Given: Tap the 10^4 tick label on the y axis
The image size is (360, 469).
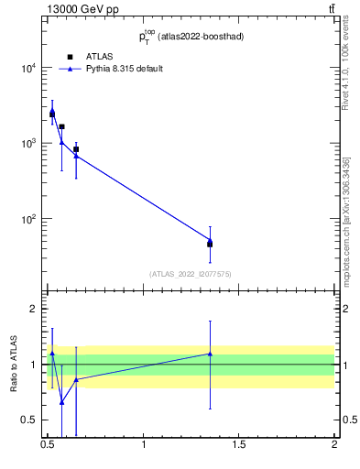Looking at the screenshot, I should [27, 68].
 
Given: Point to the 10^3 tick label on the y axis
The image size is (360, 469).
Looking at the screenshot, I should [27, 144].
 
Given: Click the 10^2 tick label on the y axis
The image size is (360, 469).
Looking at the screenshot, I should [27, 220].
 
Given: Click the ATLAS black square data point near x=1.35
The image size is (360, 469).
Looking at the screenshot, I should [210, 245].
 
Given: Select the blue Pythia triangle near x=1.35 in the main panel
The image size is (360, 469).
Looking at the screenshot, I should [210, 240].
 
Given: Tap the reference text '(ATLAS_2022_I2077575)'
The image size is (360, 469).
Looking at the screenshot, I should [191, 273].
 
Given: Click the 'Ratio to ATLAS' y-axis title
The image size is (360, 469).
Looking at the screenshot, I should [14, 365].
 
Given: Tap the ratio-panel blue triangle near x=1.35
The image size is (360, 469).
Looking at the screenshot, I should [210, 354].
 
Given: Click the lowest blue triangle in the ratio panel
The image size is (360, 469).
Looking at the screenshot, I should [61, 402].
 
